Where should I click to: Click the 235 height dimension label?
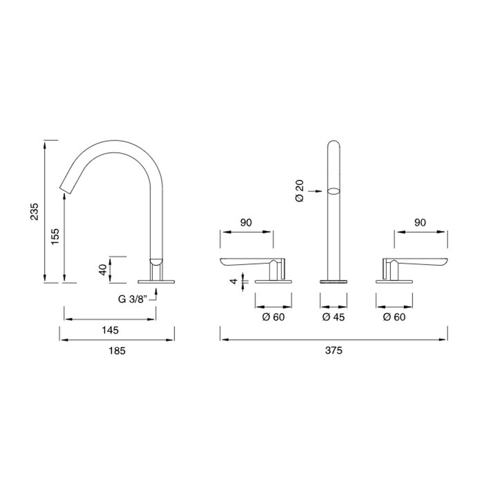click(34, 212)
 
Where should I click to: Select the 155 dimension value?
click(55, 236)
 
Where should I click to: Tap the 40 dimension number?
click(103, 270)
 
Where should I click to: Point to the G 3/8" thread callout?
click(133, 299)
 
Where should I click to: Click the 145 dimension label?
click(110, 330)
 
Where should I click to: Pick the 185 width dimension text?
click(117, 350)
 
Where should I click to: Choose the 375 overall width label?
click(334, 350)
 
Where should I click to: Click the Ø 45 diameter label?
click(333, 317)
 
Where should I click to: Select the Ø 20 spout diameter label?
click(299, 191)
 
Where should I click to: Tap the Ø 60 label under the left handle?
click(273, 317)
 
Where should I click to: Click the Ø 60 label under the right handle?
click(394, 317)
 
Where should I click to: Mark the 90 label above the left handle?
click(246, 222)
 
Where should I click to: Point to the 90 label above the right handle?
click(420, 222)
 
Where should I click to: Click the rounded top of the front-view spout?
click(333, 143)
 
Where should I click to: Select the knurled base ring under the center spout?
click(333, 282)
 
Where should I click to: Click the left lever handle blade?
click(244, 262)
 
